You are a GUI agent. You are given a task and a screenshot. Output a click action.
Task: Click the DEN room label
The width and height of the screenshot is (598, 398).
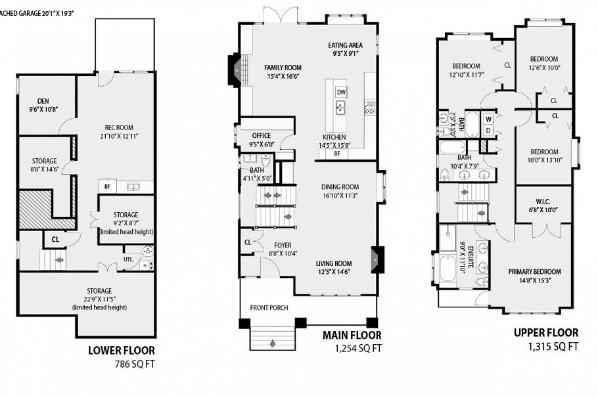point(35,100)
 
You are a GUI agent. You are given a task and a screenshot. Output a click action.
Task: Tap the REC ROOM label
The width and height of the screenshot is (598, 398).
point(119,127)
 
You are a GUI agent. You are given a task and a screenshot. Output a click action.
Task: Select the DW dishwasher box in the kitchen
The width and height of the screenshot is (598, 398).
point(341,93)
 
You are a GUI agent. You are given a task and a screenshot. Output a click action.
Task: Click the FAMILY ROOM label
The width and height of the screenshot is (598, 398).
point(283,68)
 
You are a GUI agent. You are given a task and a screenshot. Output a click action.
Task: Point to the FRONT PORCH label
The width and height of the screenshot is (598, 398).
point(269,307)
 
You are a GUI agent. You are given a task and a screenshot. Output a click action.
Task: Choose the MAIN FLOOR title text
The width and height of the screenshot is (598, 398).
point(352,336)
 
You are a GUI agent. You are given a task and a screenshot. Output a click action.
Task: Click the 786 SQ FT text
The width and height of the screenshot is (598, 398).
point(122,363)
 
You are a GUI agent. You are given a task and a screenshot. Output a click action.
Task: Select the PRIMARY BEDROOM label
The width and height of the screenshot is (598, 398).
point(534,272)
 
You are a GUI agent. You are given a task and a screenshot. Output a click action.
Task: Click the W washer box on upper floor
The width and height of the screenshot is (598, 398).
point(488,120)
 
